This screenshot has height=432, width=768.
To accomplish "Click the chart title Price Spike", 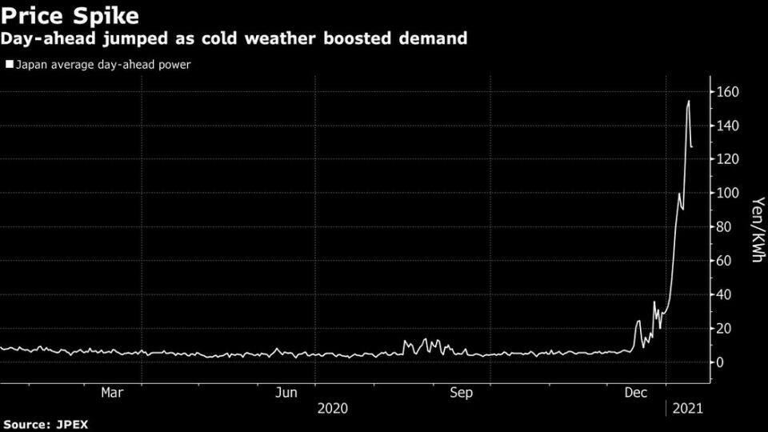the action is pos(70,16).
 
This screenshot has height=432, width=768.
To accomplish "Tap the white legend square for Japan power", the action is pos(10,64).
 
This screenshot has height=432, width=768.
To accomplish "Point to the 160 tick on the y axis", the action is pos(728,91).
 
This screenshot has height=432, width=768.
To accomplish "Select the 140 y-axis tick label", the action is pos(728,126).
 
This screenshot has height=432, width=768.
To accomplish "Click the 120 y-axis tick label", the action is pos(728,159).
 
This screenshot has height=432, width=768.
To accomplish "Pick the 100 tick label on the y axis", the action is pos(728,193).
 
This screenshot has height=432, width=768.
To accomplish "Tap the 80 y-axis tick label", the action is pos(724,226).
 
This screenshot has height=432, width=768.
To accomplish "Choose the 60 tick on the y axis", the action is pos(724,261).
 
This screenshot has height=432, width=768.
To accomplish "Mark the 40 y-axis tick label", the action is pos(724,294).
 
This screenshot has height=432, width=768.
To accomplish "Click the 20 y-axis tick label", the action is pos(724,328).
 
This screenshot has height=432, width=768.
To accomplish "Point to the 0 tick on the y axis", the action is pos(720,362).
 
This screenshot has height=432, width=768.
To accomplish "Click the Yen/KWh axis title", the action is pos(758,230).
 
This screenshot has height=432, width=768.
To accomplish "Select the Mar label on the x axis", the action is pos(112,392).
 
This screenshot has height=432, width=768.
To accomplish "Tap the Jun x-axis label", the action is pos(286,392).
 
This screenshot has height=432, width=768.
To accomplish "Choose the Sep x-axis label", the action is pos(462,392).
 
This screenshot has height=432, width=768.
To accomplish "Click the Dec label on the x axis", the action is pos(636,392).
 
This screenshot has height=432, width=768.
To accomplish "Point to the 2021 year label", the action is pos(688,409).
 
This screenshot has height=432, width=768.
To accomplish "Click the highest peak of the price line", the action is pos(689,101).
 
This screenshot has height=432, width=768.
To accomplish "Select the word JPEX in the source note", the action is pos(72,424).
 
